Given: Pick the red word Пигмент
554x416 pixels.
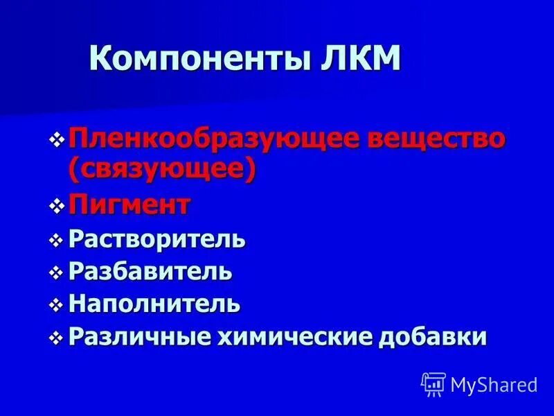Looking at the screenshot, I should click(x=129, y=205).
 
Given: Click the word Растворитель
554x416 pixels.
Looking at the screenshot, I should click(x=157, y=240).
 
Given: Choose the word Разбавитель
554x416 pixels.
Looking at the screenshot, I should click(x=150, y=271).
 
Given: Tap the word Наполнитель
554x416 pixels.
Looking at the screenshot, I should click(x=154, y=303).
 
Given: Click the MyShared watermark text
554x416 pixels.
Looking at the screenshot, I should click(x=494, y=383).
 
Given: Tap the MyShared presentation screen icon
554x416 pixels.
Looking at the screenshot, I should click(x=434, y=383).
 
